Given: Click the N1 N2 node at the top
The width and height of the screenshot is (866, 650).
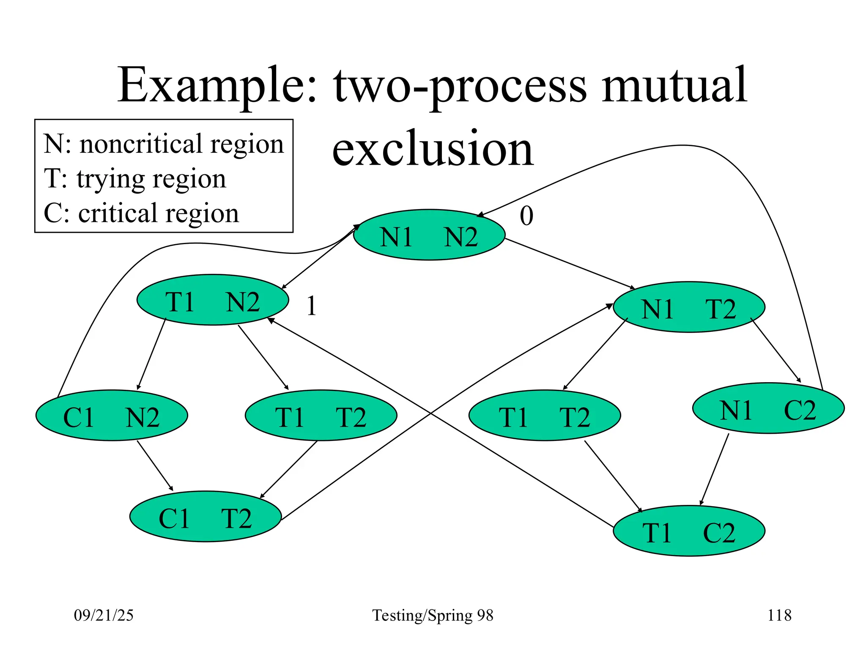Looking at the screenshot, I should pos(429,235).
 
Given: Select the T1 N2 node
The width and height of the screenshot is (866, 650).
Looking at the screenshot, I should pos(213,300).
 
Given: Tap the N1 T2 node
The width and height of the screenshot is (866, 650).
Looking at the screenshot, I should pos(689,307).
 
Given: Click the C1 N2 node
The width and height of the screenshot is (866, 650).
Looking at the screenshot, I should pos(112,416).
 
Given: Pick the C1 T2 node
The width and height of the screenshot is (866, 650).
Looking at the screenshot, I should pos(206,517).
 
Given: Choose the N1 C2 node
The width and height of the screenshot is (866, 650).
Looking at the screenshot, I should pos(768,408).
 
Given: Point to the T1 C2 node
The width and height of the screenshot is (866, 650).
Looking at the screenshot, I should pos(689,531).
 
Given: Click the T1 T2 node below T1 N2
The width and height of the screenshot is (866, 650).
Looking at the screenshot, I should pos(321,416).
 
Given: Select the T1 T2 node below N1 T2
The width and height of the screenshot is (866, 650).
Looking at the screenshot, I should pos(545,416).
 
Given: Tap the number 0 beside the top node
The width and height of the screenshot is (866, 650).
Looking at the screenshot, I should pos(526,216).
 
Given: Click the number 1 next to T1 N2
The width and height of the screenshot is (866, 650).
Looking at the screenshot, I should pos(312,306).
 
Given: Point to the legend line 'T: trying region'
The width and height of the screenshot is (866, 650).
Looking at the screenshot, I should pos(135,179).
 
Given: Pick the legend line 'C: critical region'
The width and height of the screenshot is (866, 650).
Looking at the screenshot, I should pos(141,213).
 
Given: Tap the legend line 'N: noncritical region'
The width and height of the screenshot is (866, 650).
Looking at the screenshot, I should pos(164,144).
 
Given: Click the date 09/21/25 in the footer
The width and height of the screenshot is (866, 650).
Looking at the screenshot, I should pos(104,615).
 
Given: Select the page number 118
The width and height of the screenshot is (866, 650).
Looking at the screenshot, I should pos(779,615).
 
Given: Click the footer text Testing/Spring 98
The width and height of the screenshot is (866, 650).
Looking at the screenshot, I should pos(433,615).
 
